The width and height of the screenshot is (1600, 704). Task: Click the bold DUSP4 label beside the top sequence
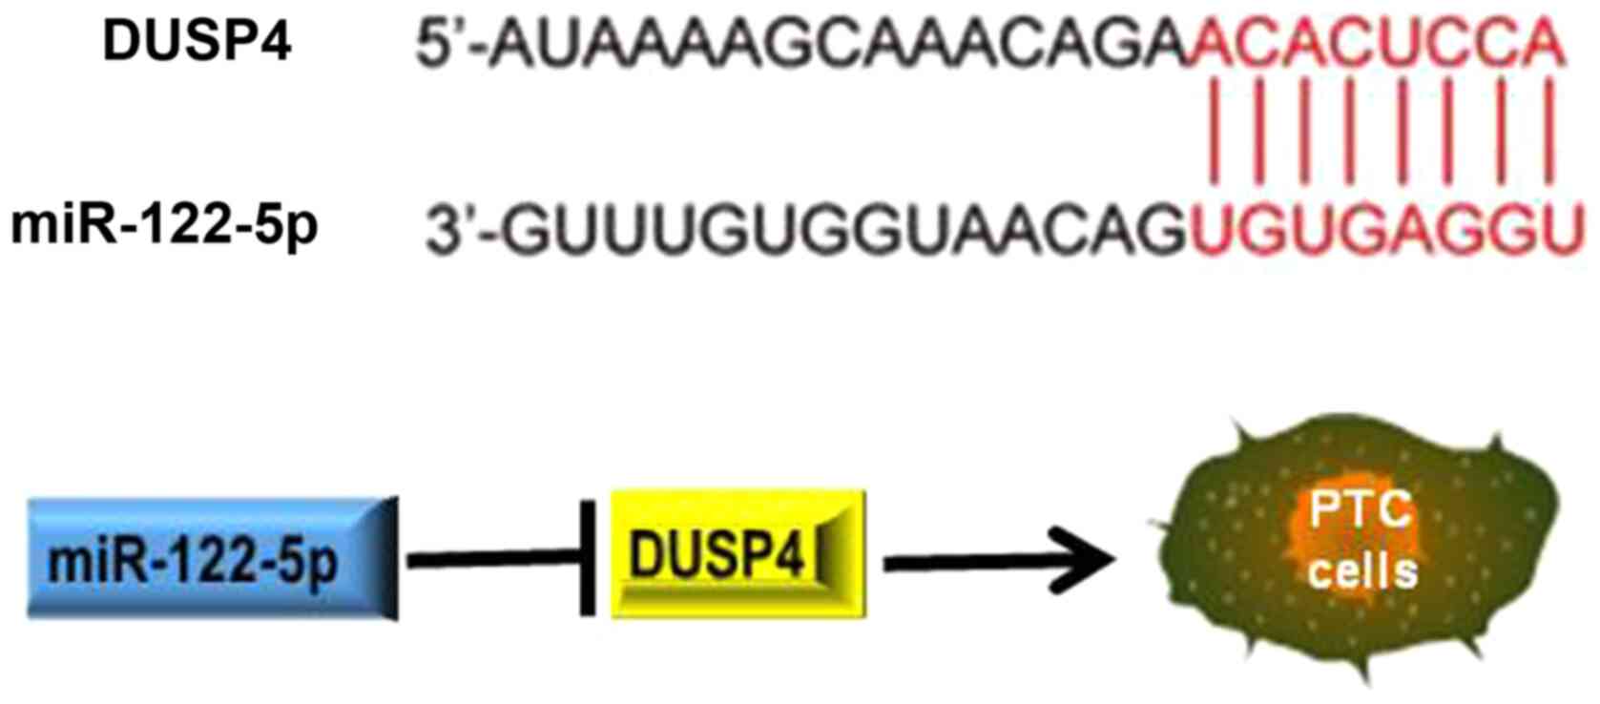[x=197, y=43]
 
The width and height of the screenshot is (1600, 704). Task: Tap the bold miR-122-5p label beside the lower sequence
[x=163, y=227]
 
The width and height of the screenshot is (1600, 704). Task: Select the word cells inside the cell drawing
[x=1362, y=571]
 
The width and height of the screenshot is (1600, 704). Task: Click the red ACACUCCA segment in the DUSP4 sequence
[x=1374, y=44]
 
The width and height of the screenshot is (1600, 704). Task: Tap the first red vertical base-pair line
[x=1214, y=134]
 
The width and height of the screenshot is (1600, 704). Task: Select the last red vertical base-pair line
[x=1548, y=134]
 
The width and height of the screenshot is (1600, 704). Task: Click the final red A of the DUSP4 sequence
[x=1546, y=44]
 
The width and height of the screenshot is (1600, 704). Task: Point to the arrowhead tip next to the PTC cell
[x=1112, y=561]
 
